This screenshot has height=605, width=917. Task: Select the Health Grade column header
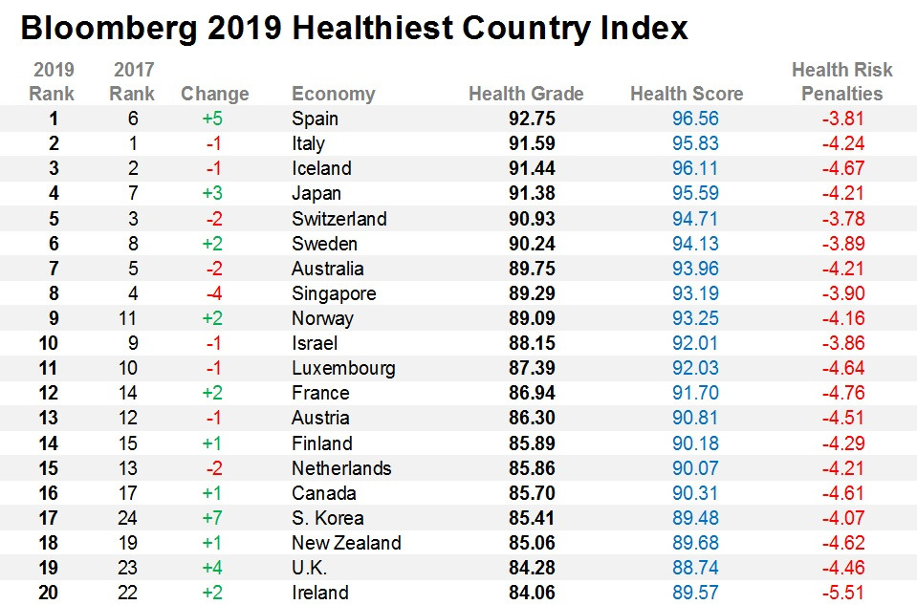526,94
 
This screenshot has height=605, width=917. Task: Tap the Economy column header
333,94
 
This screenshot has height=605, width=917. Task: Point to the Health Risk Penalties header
841,82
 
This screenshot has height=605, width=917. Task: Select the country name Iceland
321,168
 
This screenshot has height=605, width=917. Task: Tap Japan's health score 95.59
687,193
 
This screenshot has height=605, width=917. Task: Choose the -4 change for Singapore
215,293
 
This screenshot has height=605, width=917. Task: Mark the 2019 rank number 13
48,418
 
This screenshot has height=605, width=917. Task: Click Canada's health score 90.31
687,493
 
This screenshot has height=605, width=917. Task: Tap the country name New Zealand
346,543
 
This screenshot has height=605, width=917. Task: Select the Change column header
215,94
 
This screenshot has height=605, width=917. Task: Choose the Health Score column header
687,94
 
